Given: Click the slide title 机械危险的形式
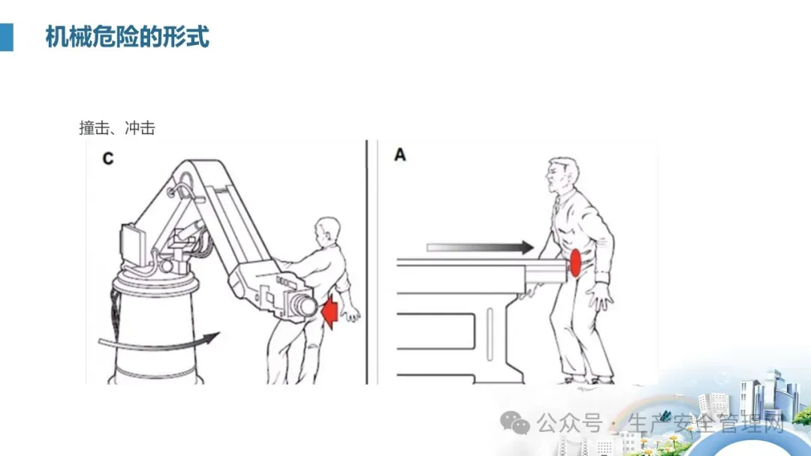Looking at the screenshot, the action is [x=127, y=37].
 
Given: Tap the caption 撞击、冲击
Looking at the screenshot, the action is [x=117, y=127].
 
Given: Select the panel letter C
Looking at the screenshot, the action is [x=107, y=158].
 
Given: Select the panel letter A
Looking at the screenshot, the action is [x=399, y=154].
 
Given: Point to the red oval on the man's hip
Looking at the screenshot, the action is [x=575, y=262].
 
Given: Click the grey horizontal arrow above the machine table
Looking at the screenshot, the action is [x=480, y=247].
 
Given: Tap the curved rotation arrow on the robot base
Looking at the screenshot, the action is [x=158, y=340].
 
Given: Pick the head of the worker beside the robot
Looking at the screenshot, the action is [x=327, y=233].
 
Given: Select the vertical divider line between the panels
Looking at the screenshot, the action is [x=366, y=262].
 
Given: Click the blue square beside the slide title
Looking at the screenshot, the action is [x=6, y=37].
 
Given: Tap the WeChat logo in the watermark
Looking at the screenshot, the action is [x=514, y=423].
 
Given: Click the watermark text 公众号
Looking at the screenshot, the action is [x=569, y=424].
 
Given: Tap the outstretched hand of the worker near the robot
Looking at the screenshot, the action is [x=351, y=313].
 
